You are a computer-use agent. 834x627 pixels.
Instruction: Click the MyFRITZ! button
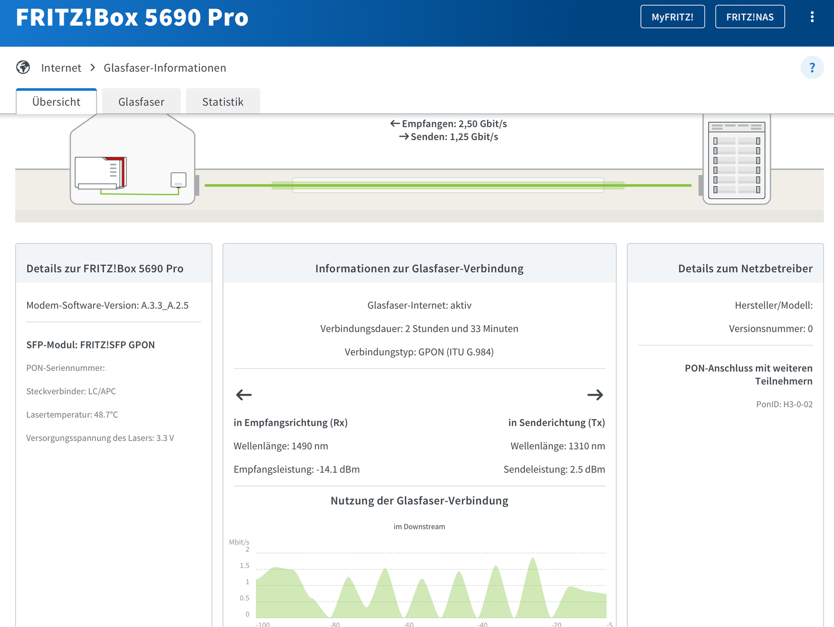pos(673,17)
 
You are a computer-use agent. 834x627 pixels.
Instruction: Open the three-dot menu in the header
pos(812,17)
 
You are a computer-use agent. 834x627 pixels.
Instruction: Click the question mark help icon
pos(812,67)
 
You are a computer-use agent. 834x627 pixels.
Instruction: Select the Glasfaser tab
pos(142,101)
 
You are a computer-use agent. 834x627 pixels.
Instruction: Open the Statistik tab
pos(222,101)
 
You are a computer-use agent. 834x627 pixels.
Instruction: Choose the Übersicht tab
pos(56,101)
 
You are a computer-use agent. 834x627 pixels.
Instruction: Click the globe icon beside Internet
pos(23,67)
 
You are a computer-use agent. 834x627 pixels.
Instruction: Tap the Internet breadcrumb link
pos(61,67)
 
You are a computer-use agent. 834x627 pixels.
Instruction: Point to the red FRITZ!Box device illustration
pos(101,173)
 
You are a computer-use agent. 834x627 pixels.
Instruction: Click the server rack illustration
pos(737,159)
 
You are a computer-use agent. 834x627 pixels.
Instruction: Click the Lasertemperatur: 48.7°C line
pos(72,414)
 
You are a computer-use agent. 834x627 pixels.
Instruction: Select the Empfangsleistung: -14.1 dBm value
pos(297,469)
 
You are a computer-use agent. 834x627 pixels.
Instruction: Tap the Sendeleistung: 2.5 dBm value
pos(555,469)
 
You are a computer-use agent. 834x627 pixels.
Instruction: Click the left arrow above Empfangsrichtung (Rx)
pos(244,395)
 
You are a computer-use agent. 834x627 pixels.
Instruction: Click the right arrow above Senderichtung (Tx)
pos(595,395)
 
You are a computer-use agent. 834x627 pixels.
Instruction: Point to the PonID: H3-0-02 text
pos(784,404)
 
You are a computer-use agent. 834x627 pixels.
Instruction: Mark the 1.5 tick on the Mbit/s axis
pos(245,566)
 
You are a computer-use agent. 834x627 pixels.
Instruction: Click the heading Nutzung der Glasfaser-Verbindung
pos(419,501)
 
